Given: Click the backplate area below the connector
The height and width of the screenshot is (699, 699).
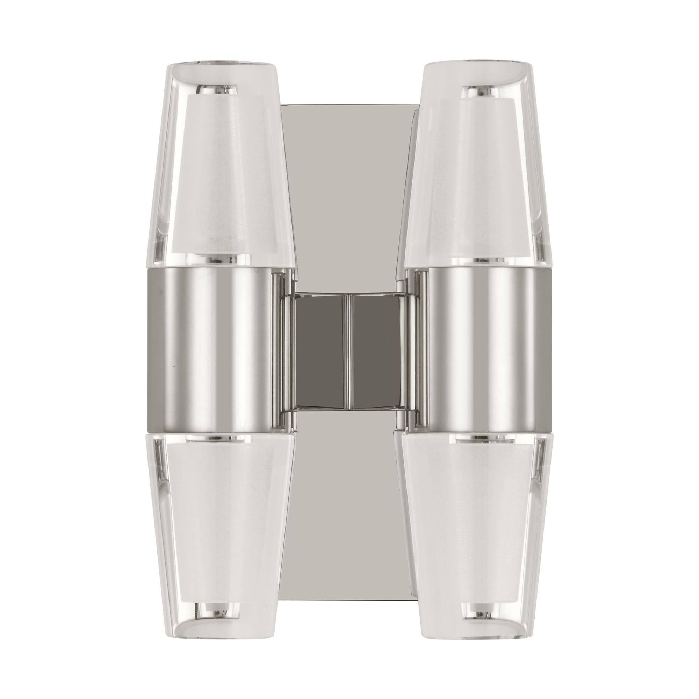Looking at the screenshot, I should [x=349, y=506].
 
